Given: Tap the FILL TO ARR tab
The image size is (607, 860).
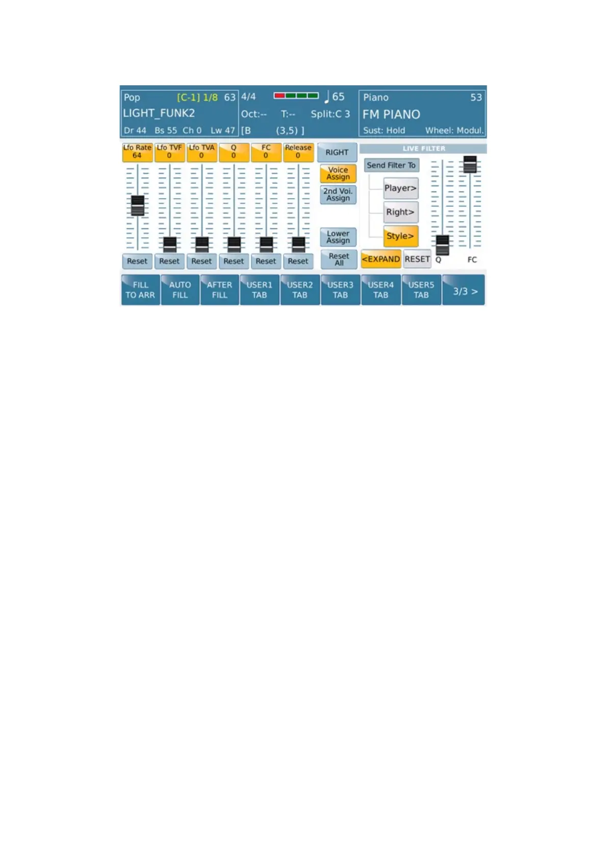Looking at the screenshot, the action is (x=140, y=290).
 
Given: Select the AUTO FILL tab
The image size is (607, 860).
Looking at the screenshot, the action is (x=180, y=290).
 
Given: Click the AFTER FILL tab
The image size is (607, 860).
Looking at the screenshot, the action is (x=219, y=290).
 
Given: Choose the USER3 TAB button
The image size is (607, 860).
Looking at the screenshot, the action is (x=340, y=290).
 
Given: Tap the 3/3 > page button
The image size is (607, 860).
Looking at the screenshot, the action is (x=464, y=290).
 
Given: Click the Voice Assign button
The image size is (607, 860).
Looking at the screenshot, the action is (x=338, y=174).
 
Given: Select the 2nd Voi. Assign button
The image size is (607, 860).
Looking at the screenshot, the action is (x=338, y=195).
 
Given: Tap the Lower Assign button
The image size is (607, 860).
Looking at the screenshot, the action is (x=338, y=237).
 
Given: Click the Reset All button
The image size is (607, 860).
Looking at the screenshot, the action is (x=339, y=259).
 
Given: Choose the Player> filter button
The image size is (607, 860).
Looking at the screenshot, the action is (x=400, y=188).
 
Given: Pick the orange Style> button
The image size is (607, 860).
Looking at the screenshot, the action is (x=400, y=236).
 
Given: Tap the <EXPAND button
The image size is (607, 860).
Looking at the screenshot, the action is (x=381, y=259).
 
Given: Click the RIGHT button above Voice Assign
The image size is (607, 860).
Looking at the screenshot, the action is (x=337, y=152).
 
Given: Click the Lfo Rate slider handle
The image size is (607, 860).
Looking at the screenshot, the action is (x=138, y=206).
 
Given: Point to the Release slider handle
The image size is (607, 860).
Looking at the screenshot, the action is (x=298, y=245).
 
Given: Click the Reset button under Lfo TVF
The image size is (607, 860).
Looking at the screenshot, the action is (x=169, y=261).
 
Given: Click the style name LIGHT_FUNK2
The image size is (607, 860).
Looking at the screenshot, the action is (x=159, y=113).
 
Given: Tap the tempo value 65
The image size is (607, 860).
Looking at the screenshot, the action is (x=338, y=97).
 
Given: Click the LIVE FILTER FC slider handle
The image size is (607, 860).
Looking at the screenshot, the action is (x=470, y=164).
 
